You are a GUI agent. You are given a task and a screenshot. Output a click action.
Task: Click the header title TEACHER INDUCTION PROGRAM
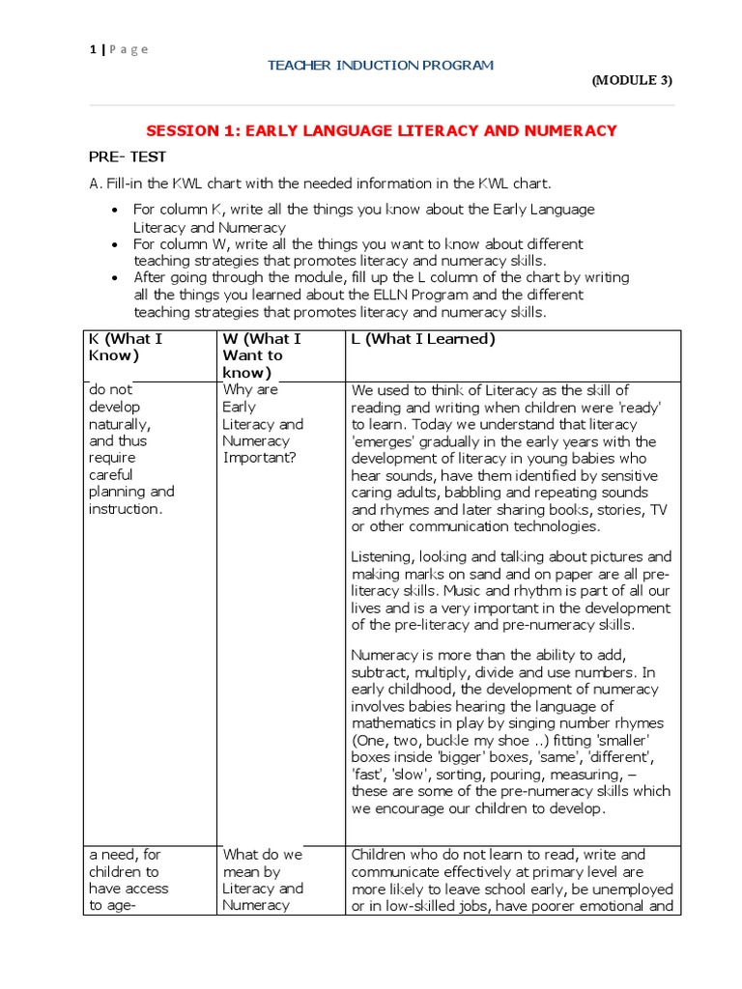tap(380, 66)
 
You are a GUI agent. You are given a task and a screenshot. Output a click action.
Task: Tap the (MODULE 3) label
tap(632, 80)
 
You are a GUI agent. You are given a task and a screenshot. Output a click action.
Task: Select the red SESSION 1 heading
tap(381, 130)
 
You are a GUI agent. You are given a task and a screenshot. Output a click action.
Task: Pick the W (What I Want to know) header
tap(262, 355)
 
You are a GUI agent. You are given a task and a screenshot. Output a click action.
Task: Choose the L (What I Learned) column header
tap(423, 339)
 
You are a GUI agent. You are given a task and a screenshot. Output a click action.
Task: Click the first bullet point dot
tap(116, 211)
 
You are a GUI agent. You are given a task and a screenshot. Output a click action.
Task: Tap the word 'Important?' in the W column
tap(258, 458)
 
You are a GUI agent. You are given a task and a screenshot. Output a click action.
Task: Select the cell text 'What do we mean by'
tap(263, 863)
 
